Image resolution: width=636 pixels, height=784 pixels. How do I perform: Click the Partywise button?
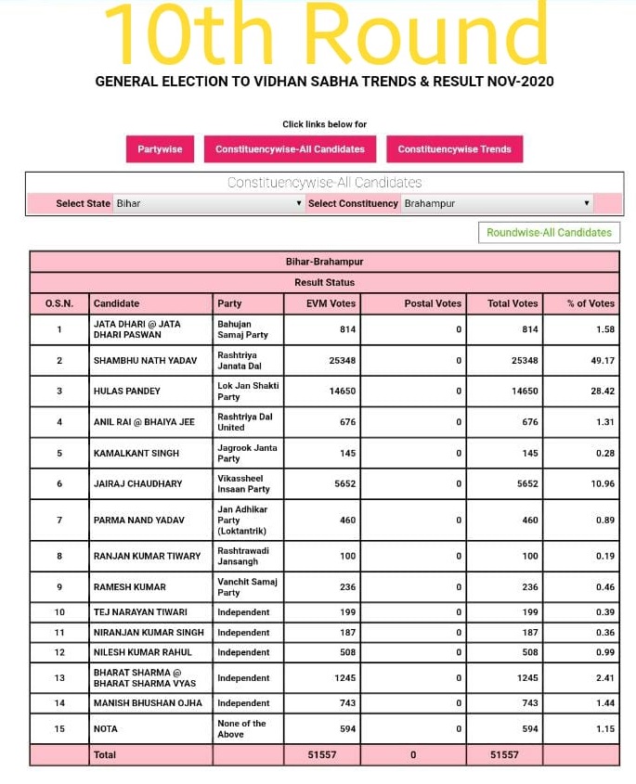160,149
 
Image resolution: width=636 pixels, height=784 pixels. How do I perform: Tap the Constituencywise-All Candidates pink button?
290,149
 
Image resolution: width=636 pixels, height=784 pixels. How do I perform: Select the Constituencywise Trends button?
454,149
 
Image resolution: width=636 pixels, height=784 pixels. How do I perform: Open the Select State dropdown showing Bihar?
208,203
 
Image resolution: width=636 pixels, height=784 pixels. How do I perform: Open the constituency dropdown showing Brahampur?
497,203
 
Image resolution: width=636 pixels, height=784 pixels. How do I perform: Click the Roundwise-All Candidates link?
549,233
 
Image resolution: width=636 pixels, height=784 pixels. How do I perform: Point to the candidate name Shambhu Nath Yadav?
145,361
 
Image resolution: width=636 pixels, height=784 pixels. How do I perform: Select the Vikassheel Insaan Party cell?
247,483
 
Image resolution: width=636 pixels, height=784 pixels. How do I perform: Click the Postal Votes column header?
433,303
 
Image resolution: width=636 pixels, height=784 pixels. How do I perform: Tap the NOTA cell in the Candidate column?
106,729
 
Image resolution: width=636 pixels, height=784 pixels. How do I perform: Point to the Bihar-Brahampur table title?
324,262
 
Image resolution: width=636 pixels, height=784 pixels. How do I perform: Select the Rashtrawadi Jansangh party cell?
247,556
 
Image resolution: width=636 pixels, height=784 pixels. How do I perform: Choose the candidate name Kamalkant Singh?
136,453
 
